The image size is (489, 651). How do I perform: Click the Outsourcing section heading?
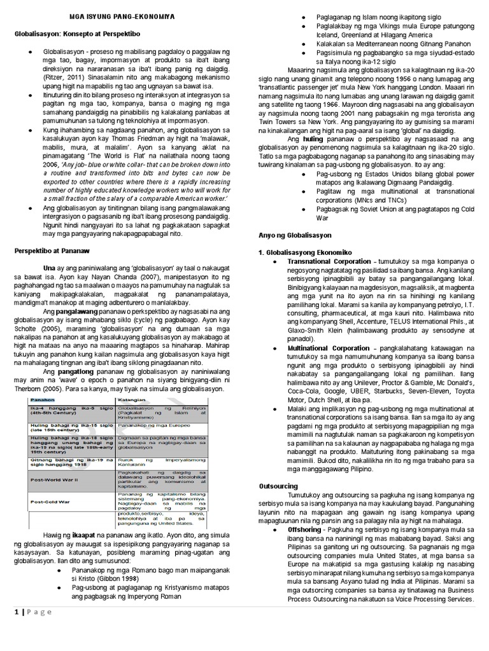[x=278, y=486]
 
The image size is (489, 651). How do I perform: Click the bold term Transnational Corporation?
[x=329, y=261]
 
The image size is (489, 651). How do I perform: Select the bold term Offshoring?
[x=307, y=529]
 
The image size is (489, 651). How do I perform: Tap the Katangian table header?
[x=132, y=399]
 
